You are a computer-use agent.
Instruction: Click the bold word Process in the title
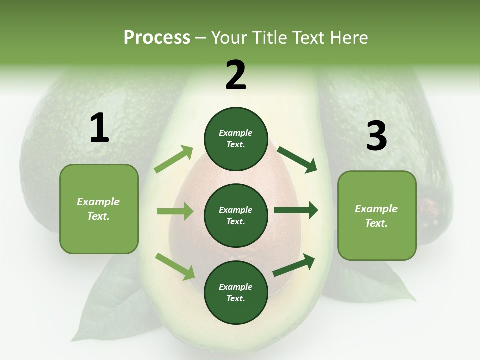coord(157,38)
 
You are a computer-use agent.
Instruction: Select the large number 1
coord(99,128)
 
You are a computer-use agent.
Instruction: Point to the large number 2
coord(236,75)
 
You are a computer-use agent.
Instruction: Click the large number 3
coord(376,136)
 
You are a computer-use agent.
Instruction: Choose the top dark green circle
coord(236,139)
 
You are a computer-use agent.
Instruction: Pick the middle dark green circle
coord(236,216)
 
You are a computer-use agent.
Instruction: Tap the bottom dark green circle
coord(236,293)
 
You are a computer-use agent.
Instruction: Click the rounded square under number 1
coord(99,209)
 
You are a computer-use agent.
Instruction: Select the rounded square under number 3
coord(377,216)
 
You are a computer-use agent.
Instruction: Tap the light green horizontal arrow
coord(175,211)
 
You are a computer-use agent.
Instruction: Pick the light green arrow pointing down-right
coord(175,266)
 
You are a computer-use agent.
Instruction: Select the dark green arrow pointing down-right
coord(297,159)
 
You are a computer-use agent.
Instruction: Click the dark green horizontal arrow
coord(296,210)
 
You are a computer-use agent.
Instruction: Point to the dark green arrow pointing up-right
coord(294,264)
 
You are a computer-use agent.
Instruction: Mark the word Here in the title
coord(350,38)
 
